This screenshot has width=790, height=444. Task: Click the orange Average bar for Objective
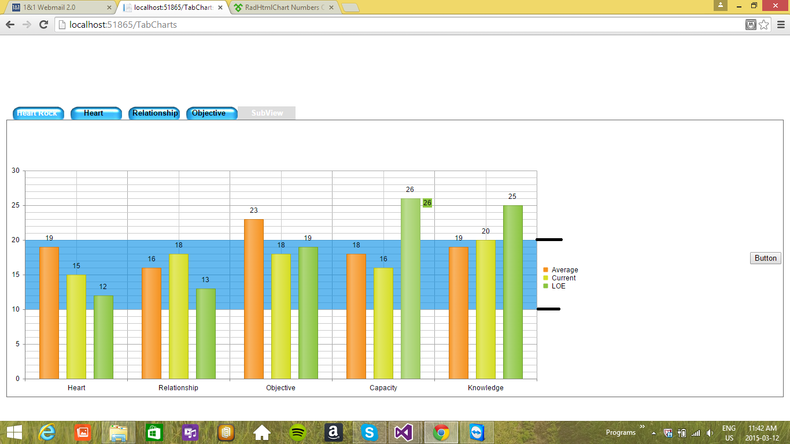pos(253,299)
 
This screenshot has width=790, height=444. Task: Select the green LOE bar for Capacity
pos(411,288)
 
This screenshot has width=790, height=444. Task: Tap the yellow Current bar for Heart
pos(76,327)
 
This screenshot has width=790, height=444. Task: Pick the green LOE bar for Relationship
pos(205,334)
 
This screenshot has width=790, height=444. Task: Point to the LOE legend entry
pos(558,286)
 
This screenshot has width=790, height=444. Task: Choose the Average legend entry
pos(564,270)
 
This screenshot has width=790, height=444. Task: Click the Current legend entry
pos(563,278)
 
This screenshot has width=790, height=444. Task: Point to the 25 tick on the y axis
pos(16,205)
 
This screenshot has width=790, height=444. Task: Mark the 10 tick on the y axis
pos(16,309)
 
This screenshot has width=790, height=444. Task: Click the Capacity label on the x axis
pos(383,388)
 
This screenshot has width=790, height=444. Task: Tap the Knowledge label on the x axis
pos(486,388)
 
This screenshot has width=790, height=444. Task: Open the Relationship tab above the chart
pos(154,113)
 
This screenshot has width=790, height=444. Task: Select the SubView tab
pos(267,113)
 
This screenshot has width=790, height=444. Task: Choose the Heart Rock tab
pos(37,113)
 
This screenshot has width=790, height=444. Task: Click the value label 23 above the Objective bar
pos(253,210)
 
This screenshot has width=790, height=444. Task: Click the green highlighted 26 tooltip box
pos(427,203)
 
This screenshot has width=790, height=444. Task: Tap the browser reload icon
pos(43,25)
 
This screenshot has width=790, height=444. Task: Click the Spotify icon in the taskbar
pos(298,432)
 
